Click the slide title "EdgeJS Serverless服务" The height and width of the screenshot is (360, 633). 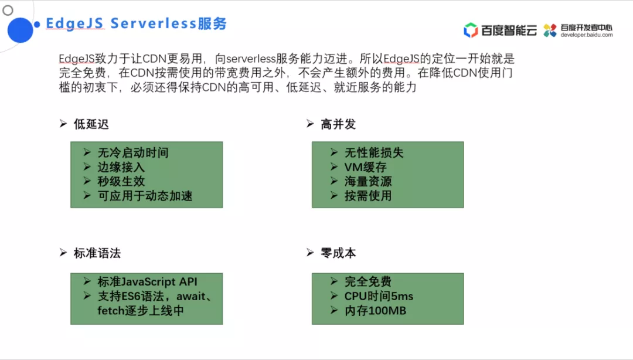[136, 24]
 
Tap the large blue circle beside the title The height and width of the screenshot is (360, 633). [20, 30]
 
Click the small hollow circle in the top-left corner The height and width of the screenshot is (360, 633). [8, 10]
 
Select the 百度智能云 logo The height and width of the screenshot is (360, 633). [499, 30]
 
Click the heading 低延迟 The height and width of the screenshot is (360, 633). [91, 124]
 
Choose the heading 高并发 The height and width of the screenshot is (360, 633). [338, 124]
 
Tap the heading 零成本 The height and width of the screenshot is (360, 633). [338, 253]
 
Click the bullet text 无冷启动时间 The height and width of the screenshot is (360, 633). [133, 153]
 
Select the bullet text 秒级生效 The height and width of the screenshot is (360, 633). [121, 181]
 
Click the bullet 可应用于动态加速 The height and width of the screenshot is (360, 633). [145, 196]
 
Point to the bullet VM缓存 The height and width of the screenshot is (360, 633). [365, 167]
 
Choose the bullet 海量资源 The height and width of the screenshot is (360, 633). [368, 181]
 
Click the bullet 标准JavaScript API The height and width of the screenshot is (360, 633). [148, 282]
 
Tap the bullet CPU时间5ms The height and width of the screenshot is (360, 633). [379, 296]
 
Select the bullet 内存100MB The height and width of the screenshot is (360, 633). [375, 310]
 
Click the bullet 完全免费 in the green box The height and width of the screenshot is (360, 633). [368, 282]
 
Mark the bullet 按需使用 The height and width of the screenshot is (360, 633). [368, 196]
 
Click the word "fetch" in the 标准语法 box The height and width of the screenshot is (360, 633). [111, 310]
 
